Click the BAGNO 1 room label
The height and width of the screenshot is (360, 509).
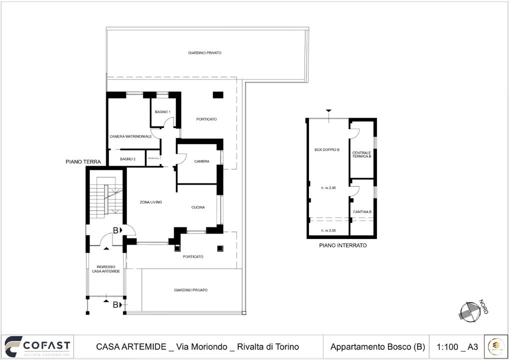click(x=162, y=112)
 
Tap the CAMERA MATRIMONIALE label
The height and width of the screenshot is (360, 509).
click(x=130, y=136)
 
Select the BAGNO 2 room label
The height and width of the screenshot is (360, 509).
click(x=127, y=159)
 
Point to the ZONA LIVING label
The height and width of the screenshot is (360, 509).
click(x=150, y=202)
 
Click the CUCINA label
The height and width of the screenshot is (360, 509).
click(x=198, y=207)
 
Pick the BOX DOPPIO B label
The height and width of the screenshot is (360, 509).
click(x=327, y=150)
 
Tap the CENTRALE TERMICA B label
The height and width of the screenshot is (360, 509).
click(x=361, y=154)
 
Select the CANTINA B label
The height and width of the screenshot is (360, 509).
click(x=362, y=212)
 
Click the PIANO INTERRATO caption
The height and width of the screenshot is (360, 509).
click(x=342, y=245)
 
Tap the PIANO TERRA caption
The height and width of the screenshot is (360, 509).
click(x=83, y=162)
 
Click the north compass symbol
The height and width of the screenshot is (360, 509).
click(x=469, y=311)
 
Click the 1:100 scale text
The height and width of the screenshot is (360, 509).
click(x=446, y=347)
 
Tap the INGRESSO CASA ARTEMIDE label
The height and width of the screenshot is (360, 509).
click(x=105, y=269)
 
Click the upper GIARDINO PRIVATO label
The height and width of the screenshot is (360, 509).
click(x=204, y=53)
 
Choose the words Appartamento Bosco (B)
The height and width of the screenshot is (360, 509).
click(x=377, y=347)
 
